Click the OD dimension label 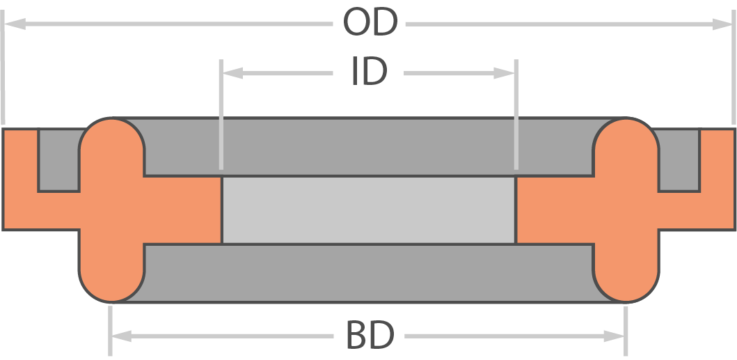(x=370, y=22)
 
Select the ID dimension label (x=370, y=72)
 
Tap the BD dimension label (x=370, y=335)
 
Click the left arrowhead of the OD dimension (x=15, y=24)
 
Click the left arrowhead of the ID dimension (x=232, y=73)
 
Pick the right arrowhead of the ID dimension (x=504, y=73)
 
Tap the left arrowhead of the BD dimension (x=121, y=336)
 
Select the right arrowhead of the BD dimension (x=614, y=336)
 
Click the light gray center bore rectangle (x=369, y=210)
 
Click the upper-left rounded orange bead (x=112, y=146)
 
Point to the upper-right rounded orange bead (x=626, y=146)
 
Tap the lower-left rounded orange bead (x=112, y=273)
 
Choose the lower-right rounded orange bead (x=626, y=273)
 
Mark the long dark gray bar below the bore (x=369, y=273)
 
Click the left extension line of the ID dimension (x=221, y=114)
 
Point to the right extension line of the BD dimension (x=626, y=331)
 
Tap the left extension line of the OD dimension (x=2, y=67)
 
